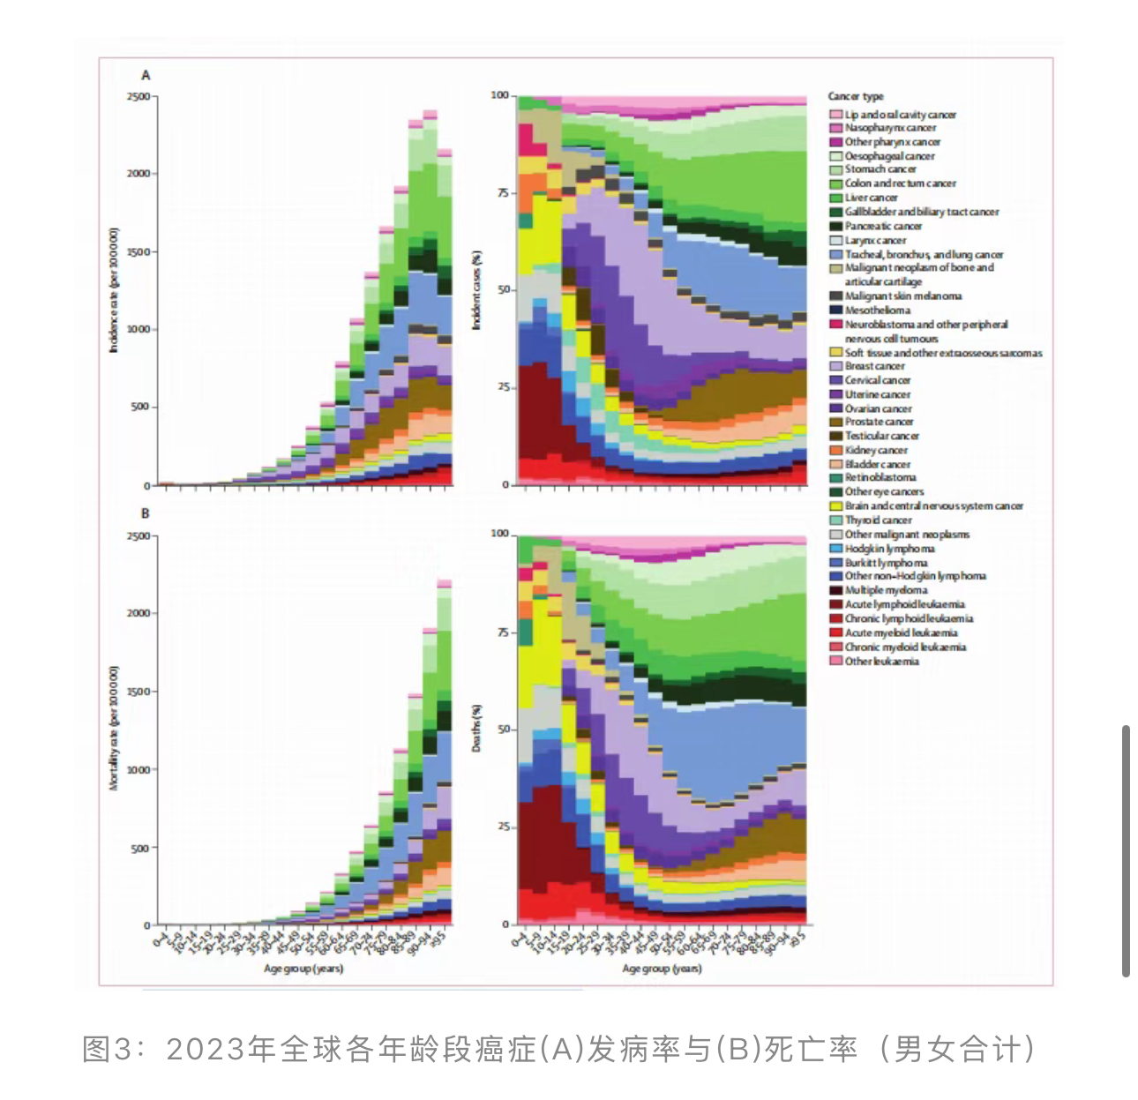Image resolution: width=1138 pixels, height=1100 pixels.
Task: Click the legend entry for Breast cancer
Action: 874,366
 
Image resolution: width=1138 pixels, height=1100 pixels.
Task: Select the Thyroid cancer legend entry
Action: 878,520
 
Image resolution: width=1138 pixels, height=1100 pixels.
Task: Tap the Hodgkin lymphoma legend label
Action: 889,549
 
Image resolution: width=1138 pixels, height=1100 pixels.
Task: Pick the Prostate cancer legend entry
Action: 879,423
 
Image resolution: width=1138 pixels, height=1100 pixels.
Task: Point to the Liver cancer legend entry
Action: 871,198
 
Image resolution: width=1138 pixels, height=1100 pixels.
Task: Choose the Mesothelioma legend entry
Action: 877,311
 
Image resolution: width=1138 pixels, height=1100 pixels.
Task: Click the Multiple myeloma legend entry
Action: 886,590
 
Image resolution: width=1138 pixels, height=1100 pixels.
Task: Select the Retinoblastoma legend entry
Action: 880,478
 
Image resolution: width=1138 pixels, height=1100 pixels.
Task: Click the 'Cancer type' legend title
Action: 855,96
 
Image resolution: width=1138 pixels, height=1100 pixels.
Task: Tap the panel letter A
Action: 146,76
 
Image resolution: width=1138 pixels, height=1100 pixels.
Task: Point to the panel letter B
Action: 146,513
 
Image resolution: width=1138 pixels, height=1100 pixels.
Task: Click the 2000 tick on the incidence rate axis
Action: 139,174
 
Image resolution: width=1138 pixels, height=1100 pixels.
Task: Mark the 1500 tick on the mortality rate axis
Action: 139,692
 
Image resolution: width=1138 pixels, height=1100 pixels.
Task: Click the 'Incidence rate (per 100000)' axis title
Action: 114,291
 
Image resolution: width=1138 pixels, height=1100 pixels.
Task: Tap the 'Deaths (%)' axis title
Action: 476,729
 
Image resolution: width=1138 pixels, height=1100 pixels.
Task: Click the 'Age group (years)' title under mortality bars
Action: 303,969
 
